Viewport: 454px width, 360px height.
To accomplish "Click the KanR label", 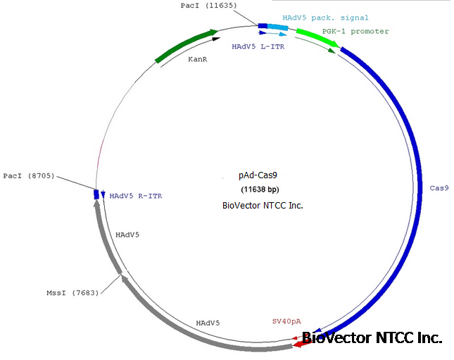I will pos(197,60).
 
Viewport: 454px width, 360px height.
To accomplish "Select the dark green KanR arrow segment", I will pos(184,46).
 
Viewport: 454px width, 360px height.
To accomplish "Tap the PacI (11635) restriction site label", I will pos(208,6).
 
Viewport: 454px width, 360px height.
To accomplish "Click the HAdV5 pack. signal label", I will pos(325,18).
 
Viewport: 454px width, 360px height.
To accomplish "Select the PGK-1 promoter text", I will pos(355,32).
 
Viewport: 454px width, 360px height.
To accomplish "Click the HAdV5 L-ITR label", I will pos(258,46).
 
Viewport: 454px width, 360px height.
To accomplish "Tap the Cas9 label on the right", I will pos(439,188).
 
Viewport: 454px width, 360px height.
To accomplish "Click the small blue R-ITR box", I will pos(96,194).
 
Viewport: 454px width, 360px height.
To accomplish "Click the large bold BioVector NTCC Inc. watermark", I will pos(372,338).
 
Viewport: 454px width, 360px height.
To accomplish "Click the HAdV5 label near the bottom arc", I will pos(208,323).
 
